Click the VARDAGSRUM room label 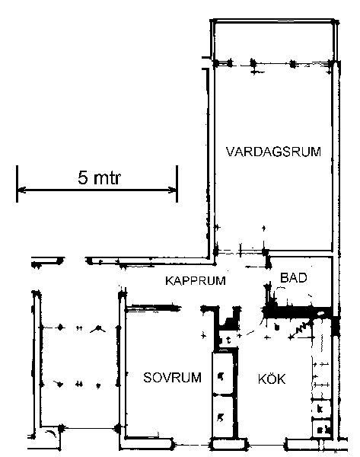pyautogui.click(x=273, y=152)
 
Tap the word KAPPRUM pyautogui.click(x=196, y=280)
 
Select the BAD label pyautogui.click(x=293, y=278)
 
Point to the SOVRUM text pyautogui.click(x=173, y=378)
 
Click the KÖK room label pyautogui.click(x=272, y=379)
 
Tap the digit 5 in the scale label pyautogui.click(x=83, y=177)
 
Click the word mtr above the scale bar pyautogui.click(x=107, y=177)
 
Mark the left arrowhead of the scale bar pyautogui.click(x=21, y=190)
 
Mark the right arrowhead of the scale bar pyautogui.click(x=173, y=190)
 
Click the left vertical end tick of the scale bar pyautogui.click(x=18, y=184)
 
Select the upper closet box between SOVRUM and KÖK pyautogui.click(x=222, y=374)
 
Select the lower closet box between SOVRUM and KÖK pyautogui.click(x=222, y=417)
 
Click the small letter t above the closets pyautogui.click(x=228, y=340)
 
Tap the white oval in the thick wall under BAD pyautogui.click(x=320, y=314)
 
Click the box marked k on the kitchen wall pyautogui.click(x=321, y=409)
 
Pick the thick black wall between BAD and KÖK pyautogui.click(x=298, y=312)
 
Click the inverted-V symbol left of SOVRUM pyautogui.click(x=98, y=329)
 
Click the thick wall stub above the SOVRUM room pyautogui.click(x=154, y=308)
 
